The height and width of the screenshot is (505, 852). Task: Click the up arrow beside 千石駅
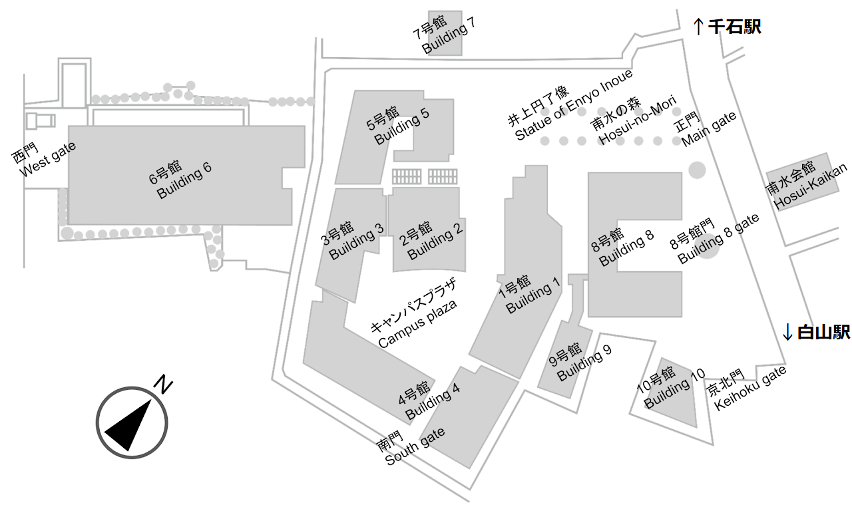coord(698,27)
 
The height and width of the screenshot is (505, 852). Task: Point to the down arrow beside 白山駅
coord(788,332)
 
